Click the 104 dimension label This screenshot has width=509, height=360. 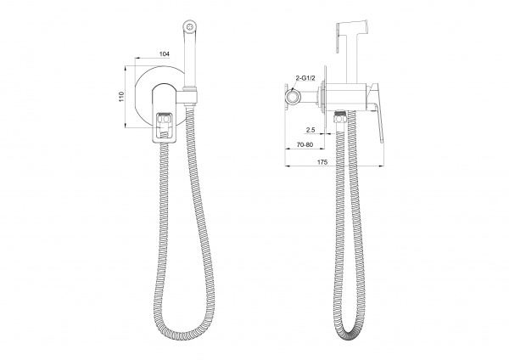point(165,54)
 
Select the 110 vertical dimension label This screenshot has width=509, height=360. point(121,97)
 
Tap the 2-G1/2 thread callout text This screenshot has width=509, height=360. point(305,78)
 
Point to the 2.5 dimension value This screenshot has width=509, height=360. point(310,130)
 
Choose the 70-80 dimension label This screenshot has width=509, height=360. point(305,145)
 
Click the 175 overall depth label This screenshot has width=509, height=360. point(322,162)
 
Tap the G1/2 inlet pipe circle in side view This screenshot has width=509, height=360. point(294,97)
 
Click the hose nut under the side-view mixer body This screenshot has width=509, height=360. point(339,116)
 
